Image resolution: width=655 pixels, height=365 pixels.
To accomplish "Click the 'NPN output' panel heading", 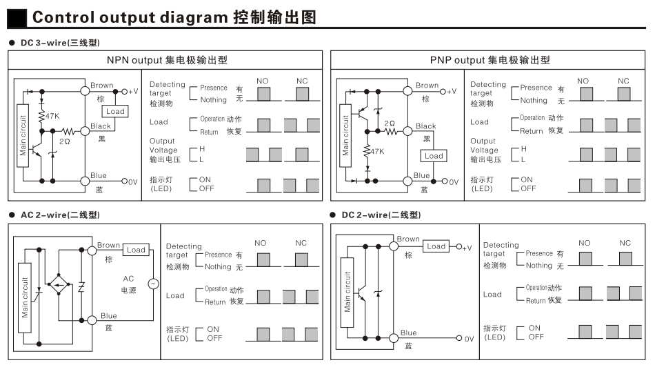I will click(x=167, y=60).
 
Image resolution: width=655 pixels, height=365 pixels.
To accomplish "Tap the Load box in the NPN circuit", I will click(x=115, y=111).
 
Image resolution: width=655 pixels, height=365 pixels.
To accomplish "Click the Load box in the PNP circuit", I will click(x=434, y=156).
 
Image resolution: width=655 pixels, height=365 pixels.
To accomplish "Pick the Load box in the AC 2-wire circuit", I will click(x=136, y=250).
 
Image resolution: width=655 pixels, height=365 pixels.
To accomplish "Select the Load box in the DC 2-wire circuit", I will click(x=436, y=246).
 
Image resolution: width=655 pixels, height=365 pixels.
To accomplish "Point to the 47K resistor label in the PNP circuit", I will click(x=376, y=150).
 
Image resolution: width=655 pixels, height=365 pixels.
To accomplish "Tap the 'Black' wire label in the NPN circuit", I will click(x=101, y=126).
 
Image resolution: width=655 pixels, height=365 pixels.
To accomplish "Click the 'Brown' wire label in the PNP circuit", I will click(x=427, y=86).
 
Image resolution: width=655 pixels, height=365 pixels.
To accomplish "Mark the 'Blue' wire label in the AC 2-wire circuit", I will click(x=109, y=316).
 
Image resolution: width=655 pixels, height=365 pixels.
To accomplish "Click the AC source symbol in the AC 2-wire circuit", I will click(x=153, y=283).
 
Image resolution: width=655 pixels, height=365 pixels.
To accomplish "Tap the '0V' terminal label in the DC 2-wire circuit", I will click(x=468, y=339).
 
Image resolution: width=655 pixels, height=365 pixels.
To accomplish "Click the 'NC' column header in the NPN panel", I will click(x=302, y=81).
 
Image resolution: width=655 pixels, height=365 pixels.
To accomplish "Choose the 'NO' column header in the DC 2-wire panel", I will click(x=584, y=243).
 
